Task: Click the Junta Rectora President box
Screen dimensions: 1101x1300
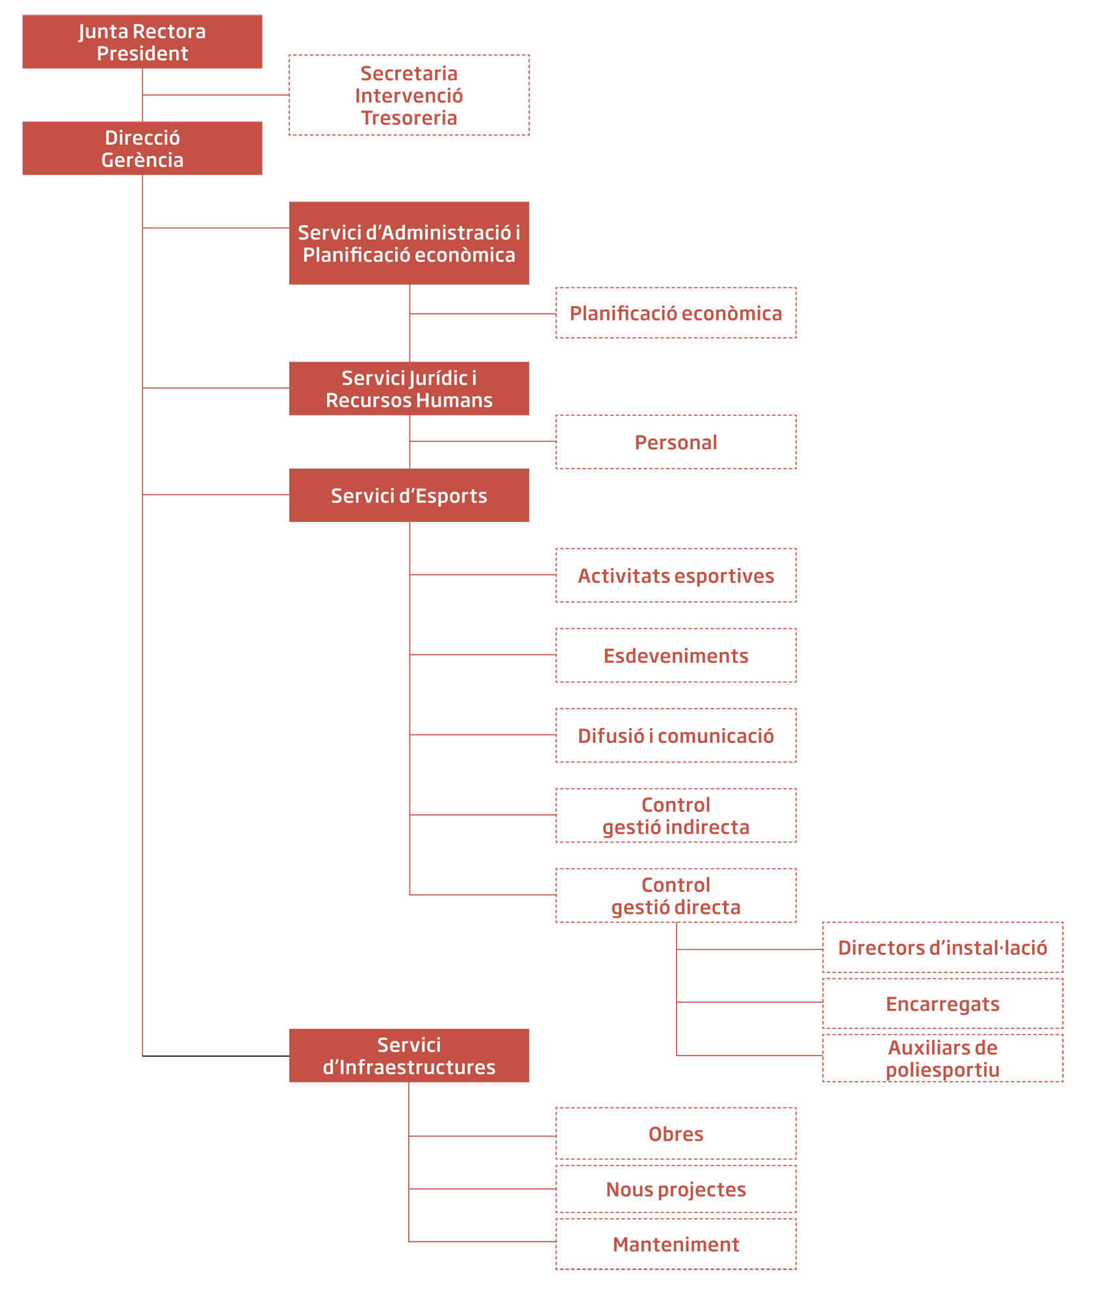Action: click(142, 42)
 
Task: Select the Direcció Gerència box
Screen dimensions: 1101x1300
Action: click(142, 148)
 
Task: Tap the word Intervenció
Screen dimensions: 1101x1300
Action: click(409, 96)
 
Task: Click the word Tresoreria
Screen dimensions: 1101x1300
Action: click(409, 118)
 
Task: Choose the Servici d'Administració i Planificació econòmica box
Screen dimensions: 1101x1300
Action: click(409, 243)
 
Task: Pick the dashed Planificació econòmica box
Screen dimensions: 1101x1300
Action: click(676, 313)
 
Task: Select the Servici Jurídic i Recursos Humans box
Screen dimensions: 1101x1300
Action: click(409, 389)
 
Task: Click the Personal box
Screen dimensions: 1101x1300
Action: click(676, 442)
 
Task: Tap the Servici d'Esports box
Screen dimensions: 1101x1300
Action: click(409, 495)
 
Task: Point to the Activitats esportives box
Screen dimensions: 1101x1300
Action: click(676, 575)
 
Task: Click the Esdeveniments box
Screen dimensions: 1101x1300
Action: click(676, 655)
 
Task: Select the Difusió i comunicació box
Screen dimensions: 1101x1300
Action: click(676, 735)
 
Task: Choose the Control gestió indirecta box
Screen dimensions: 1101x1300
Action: click(676, 816)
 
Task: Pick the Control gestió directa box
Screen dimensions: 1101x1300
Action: click(676, 896)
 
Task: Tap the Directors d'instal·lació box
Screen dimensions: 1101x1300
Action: click(943, 948)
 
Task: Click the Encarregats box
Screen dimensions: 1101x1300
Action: click(943, 1004)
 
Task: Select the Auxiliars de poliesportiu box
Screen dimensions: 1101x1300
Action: click(943, 1058)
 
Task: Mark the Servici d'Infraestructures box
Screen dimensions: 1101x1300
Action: click(409, 1056)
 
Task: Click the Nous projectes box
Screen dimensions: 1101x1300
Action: click(676, 1189)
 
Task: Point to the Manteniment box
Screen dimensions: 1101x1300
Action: click(676, 1244)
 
